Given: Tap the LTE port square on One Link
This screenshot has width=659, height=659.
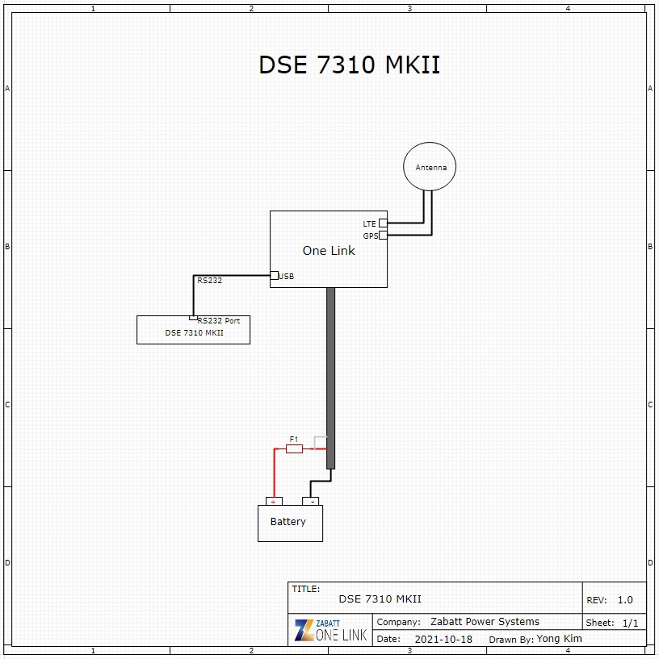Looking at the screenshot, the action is click(x=383, y=223).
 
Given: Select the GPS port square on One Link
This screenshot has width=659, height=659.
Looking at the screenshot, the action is click(x=383, y=236).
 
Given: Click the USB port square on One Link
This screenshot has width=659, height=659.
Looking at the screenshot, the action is click(x=274, y=275).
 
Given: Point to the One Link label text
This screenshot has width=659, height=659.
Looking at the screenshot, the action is click(x=329, y=251).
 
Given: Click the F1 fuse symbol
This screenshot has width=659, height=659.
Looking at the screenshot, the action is click(x=294, y=448).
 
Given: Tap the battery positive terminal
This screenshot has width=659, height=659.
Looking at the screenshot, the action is click(x=274, y=501).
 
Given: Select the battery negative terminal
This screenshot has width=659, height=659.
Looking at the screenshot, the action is click(x=311, y=501).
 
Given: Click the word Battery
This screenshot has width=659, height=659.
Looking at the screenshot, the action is click(x=288, y=522).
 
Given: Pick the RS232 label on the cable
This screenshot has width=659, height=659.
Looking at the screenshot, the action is click(x=209, y=281).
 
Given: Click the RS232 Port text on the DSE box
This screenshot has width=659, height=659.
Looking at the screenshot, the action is click(x=218, y=321).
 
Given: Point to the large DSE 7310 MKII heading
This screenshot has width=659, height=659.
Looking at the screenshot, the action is click(x=349, y=65).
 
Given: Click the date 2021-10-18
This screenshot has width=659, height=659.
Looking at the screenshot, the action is click(x=443, y=640).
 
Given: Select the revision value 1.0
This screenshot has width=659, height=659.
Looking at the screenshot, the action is click(x=625, y=600).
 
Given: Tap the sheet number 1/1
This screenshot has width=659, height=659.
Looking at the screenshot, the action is click(x=631, y=623).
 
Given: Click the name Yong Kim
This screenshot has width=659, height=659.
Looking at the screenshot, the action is click(x=560, y=639).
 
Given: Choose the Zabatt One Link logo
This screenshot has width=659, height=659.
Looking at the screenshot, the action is click(x=331, y=630).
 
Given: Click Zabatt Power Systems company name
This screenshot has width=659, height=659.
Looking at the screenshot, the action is click(x=485, y=622).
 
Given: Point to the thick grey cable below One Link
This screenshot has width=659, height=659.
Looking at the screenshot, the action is click(x=331, y=378).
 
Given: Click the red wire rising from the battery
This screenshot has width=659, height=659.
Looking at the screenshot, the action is click(x=275, y=473).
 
